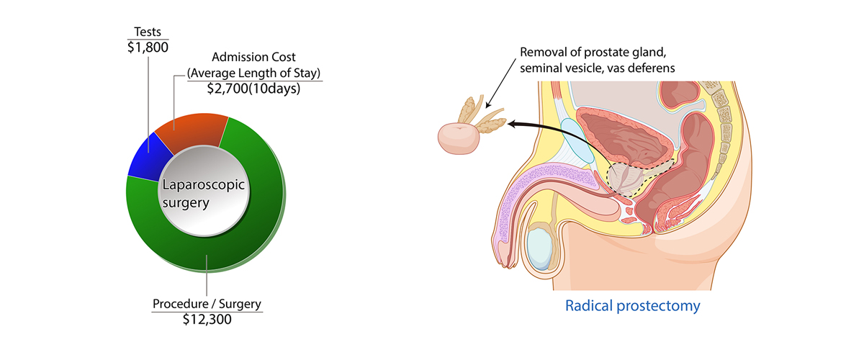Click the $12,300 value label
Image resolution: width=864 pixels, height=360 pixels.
point(207,319)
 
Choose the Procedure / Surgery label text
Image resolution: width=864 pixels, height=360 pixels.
point(207,303)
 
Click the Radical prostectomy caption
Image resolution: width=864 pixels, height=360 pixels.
point(632,306)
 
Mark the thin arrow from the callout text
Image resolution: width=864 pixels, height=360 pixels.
point(503,93)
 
